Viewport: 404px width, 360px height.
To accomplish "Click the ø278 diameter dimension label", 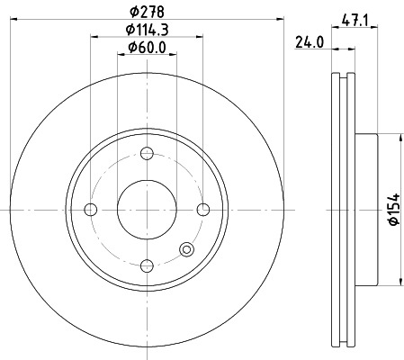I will pyautogui.click(x=147, y=12).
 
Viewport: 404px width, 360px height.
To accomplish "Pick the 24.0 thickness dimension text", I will pyautogui.click(x=309, y=41).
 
